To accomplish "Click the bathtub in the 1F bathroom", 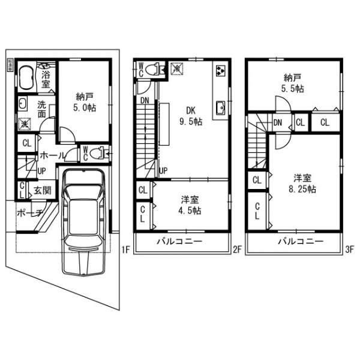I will tap(27, 78).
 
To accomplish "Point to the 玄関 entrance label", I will tap(42, 190).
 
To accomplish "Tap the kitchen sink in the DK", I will tap(220, 108).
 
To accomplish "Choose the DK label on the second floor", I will tap(191, 110).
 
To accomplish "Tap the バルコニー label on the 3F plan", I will tap(300, 241).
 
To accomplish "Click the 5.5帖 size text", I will tap(294, 88).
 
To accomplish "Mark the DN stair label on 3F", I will tap(278, 123).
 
